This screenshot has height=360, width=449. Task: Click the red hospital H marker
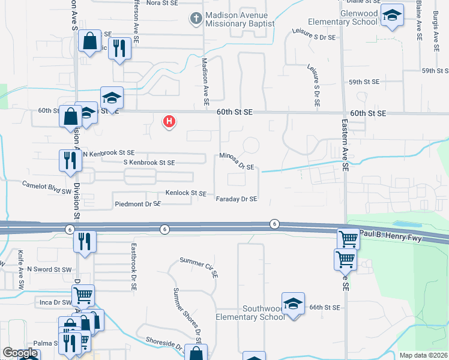pos(170,122)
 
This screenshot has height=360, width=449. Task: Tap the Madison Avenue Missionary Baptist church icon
pos(196,18)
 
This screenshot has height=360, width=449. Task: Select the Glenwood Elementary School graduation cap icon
pos(392,16)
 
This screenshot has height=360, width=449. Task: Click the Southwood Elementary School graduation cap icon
pos(293,304)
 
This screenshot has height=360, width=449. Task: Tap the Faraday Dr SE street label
pos(237,199)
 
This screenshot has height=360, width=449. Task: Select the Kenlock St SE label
pos(186,194)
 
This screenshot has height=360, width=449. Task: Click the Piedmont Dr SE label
pos(137,204)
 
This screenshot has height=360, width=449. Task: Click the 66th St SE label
pos(325,307)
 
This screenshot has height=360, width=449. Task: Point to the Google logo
pos(20,353)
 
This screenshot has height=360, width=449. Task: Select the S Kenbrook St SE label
pos(149,163)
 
